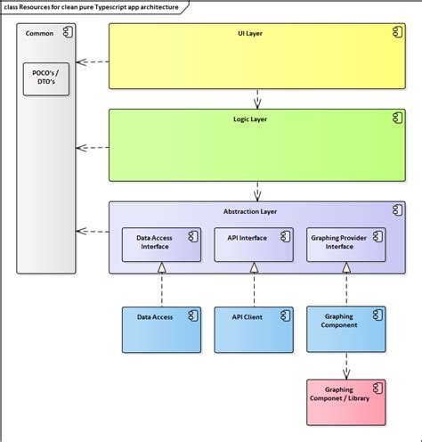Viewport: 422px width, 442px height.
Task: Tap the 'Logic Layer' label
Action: (256, 118)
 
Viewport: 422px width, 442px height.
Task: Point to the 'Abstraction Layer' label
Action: (257, 211)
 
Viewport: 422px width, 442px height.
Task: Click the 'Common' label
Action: (39, 33)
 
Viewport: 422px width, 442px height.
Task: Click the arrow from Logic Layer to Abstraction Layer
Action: (257, 190)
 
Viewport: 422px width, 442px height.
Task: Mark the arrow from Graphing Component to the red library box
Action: (345, 364)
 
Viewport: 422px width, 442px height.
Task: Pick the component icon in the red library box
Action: (377, 388)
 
